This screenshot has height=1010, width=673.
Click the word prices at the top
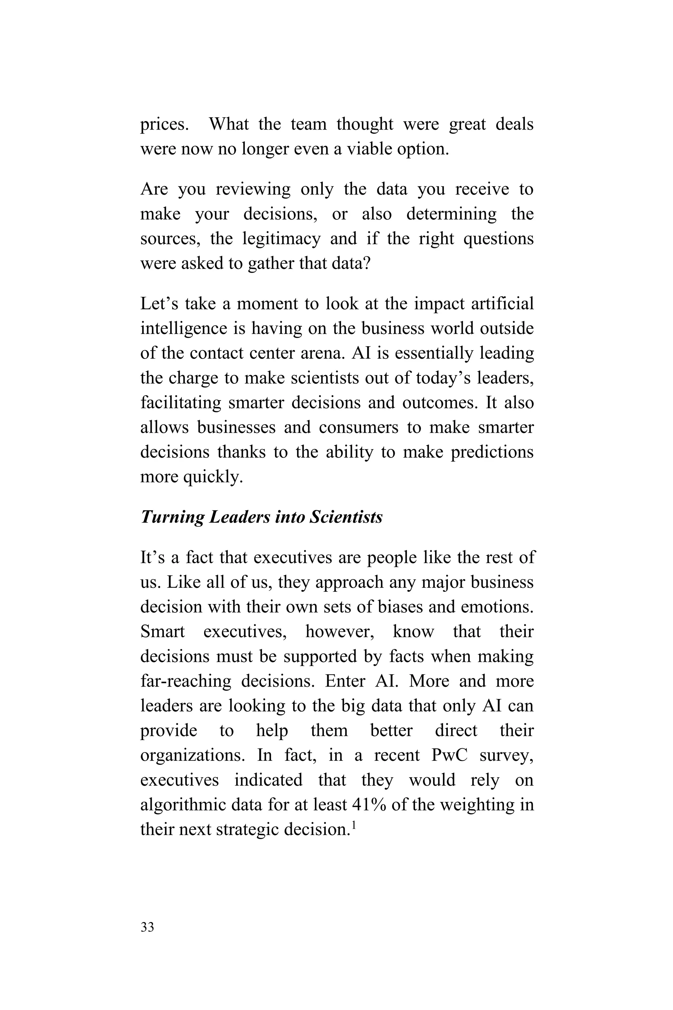tap(164, 125)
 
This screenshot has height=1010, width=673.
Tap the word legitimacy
tap(281, 238)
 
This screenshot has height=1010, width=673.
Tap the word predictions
tap(492, 452)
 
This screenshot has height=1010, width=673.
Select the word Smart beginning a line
tap(162, 632)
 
